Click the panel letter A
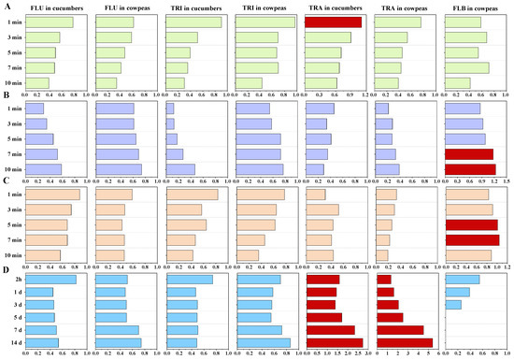(x=6, y=6)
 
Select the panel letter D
(x=6, y=271)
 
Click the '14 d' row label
(x=13, y=343)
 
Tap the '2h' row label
(x=15, y=279)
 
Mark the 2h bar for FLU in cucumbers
(x=50, y=279)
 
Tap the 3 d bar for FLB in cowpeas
(x=453, y=305)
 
